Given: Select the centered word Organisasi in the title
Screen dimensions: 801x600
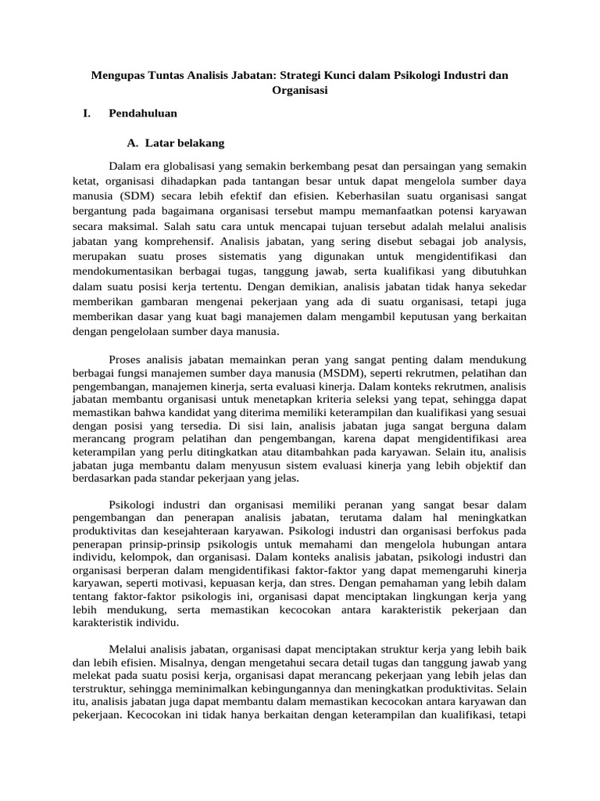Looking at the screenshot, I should point(299,90).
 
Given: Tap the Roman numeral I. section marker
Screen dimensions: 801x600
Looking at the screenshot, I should point(86,113).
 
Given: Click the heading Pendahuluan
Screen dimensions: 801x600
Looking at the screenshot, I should point(143,113).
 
